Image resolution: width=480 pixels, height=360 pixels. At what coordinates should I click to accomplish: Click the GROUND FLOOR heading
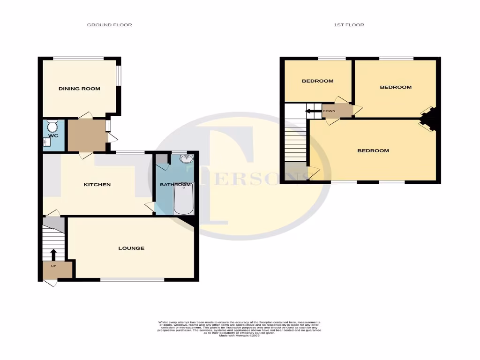click(x=109, y=25)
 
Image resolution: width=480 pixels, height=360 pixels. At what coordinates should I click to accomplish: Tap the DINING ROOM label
click(x=79, y=89)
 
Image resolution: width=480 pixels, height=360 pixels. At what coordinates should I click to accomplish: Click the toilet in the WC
click(x=52, y=126)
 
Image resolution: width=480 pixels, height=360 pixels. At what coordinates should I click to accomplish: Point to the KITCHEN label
click(x=97, y=185)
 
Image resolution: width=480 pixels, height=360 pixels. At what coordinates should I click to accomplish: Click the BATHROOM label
click(x=175, y=185)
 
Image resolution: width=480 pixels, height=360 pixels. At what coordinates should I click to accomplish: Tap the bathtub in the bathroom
click(x=180, y=199)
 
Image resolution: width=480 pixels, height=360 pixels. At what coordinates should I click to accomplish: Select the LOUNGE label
click(x=131, y=248)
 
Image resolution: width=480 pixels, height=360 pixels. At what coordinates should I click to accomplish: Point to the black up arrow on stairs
click(x=53, y=255)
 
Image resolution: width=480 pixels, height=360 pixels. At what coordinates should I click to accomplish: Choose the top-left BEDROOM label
click(x=317, y=81)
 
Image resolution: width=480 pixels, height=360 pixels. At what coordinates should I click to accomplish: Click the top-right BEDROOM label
click(x=396, y=87)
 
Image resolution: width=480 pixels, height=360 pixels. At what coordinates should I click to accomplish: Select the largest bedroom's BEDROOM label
click(x=373, y=151)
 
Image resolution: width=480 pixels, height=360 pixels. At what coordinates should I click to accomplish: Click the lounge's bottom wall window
click(x=132, y=280)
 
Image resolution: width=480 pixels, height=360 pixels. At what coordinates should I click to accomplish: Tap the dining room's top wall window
click(x=78, y=59)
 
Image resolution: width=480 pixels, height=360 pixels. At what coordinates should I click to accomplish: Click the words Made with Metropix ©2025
click(x=240, y=336)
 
